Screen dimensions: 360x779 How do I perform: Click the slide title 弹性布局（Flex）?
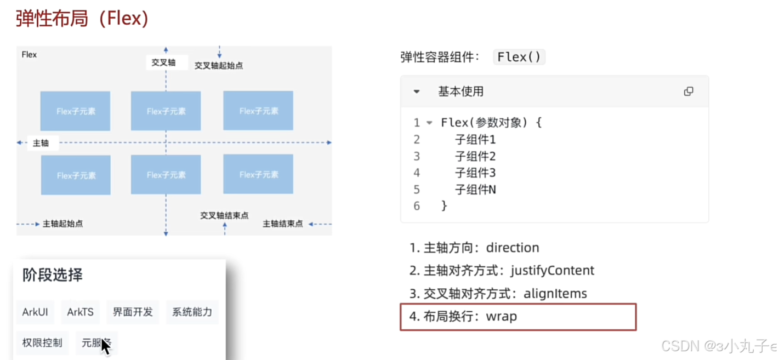pos(82,19)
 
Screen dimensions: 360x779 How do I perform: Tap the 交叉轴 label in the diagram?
pos(163,62)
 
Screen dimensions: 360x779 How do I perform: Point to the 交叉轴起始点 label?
pos(219,66)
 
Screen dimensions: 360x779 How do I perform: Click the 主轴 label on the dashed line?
pos(41,143)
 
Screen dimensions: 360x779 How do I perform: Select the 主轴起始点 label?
pos(62,224)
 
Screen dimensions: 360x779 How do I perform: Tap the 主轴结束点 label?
pos(283,224)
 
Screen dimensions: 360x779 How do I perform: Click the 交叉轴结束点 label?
pos(224,215)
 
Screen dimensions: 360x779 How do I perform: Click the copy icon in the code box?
pos(689,92)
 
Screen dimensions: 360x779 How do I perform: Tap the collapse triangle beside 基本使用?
pos(417,92)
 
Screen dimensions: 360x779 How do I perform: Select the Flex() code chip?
pos(519,57)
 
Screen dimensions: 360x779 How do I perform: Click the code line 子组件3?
pos(475,173)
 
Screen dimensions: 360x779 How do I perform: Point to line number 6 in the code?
pos(417,206)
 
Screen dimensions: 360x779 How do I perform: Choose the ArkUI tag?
pos(35,312)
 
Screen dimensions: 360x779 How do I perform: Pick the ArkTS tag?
pos(80,312)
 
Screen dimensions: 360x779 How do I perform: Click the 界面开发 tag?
pos(133,312)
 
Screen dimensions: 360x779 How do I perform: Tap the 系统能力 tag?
pos(192,312)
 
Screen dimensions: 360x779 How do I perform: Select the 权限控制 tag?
pos(42,343)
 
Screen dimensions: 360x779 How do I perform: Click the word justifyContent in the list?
pos(552,271)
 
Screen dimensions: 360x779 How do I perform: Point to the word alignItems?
pos(555,294)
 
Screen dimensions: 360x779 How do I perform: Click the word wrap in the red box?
pos(501,317)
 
